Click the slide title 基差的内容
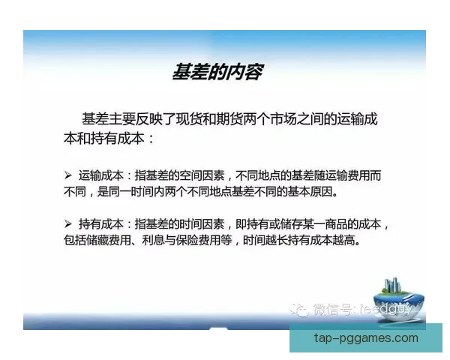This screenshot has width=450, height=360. [217, 73]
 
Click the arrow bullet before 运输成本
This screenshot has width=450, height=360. [67, 175]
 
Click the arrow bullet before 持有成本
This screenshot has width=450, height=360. [67, 223]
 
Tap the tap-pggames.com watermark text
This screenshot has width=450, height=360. [365, 337]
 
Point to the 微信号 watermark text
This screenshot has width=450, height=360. [333, 308]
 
